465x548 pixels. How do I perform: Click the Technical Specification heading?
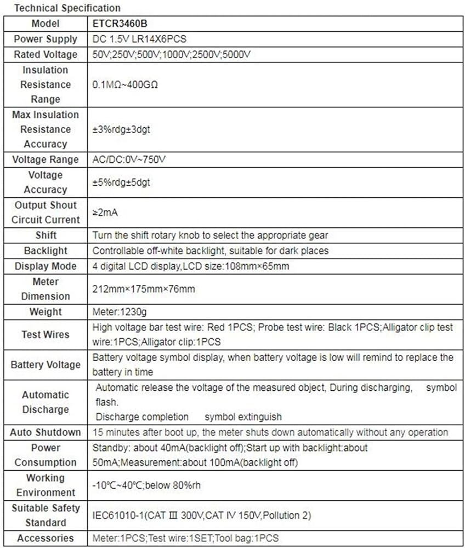coord(67,8)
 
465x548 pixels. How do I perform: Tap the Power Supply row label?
coord(46,39)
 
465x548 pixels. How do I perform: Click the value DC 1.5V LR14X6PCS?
coord(141,39)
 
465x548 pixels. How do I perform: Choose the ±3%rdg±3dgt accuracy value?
coord(124,130)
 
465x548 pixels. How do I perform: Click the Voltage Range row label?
coord(46,160)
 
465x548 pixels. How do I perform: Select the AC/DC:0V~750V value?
coord(129,160)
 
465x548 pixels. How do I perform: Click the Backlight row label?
coord(46,250)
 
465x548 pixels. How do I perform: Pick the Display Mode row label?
coord(46,266)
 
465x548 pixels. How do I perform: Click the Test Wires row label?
coord(46,334)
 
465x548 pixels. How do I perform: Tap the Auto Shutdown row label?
coord(46,432)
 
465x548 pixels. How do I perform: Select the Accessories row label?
coord(46,538)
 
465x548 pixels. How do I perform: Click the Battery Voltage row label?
coord(46,364)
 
